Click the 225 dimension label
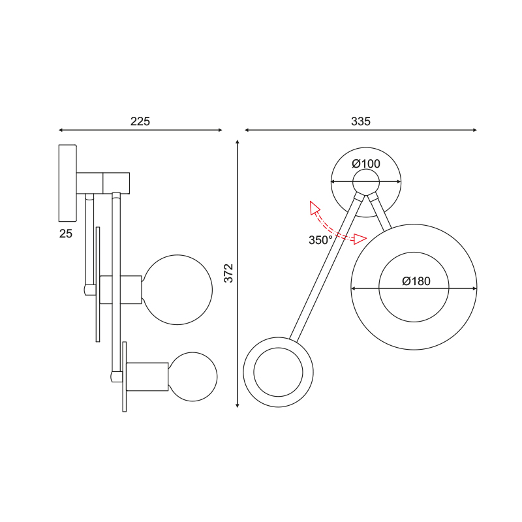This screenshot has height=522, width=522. click(x=140, y=121)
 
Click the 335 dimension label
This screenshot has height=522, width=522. click(x=361, y=121)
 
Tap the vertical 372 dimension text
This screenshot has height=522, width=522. click(x=229, y=273)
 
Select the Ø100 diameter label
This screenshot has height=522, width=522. click(x=366, y=164)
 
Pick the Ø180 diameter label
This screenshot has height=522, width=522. click(x=416, y=281)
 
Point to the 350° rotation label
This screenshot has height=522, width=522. click(x=320, y=240)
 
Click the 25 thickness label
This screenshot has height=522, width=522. click(x=66, y=234)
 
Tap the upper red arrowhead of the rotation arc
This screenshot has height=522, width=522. click(x=314, y=207)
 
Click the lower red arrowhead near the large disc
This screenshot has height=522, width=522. click(x=360, y=239)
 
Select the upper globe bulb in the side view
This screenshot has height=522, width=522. click(x=177, y=290)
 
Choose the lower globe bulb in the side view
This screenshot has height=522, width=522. click(x=192, y=376)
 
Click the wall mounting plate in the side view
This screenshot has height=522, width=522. click(x=68, y=183)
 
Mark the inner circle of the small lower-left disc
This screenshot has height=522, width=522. click(x=279, y=372)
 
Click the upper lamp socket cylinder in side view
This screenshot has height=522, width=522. click(x=121, y=290)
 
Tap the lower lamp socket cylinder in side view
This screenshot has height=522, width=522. click(x=147, y=376)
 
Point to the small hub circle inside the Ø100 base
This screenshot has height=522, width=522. click(x=366, y=182)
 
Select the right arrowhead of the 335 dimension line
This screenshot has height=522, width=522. click(x=474, y=130)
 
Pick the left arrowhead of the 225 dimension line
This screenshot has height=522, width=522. click(x=61, y=130)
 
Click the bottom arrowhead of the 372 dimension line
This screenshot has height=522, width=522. click(x=238, y=405)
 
